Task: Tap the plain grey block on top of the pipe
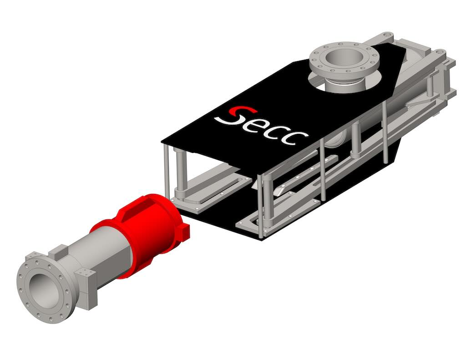[x=60, y=250]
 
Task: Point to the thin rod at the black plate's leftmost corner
[x=167, y=168]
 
